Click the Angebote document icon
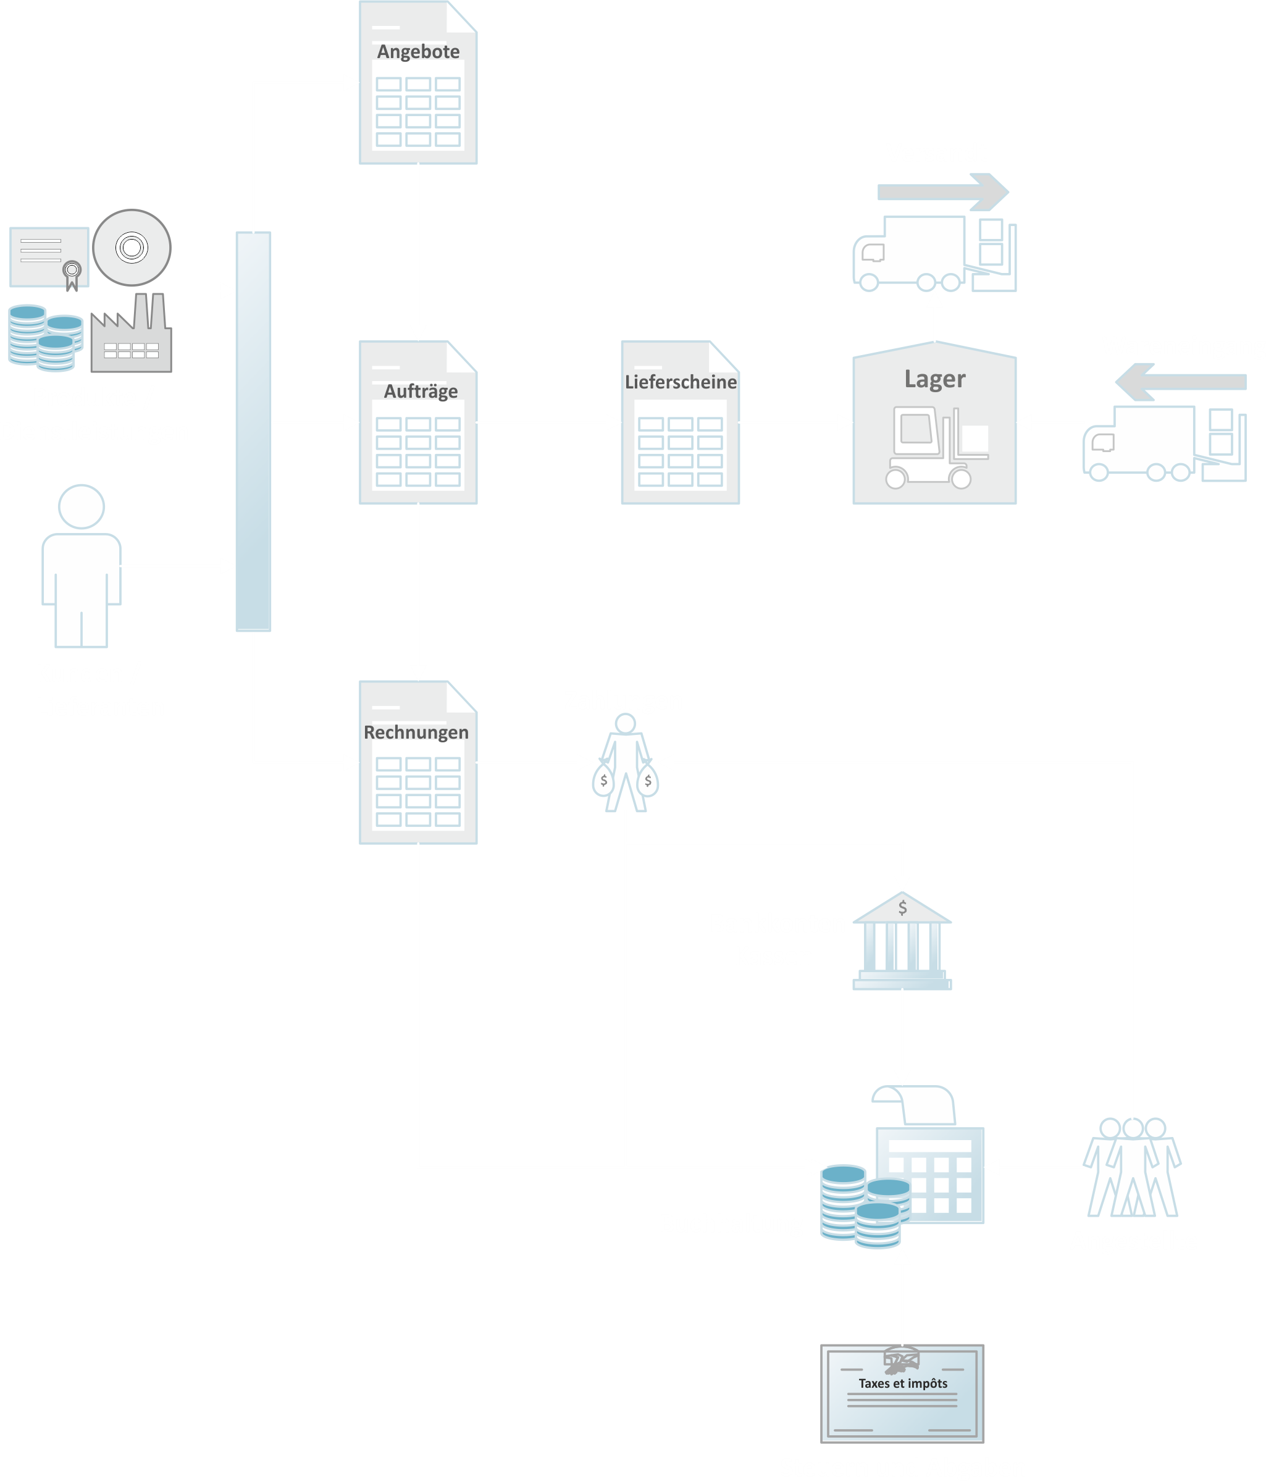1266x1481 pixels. (x=418, y=83)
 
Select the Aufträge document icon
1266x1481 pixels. (x=418, y=423)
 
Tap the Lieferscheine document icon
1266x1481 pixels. (x=680, y=423)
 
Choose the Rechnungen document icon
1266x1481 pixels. (x=418, y=763)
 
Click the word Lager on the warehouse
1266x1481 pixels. (x=934, y=379)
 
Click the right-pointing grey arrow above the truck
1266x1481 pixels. (x=943, y=191)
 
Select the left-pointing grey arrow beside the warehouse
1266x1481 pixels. (x=1180, y=382)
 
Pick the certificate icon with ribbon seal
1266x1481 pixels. (x=49, y=258)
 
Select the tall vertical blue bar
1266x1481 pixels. (x=253, y=432)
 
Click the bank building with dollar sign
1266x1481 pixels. (x=902, y=941)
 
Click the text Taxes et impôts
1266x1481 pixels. (x=903, y=1383)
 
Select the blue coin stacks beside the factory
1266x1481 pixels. (x=44, y=338)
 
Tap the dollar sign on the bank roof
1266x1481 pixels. (x=903, y=908)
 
